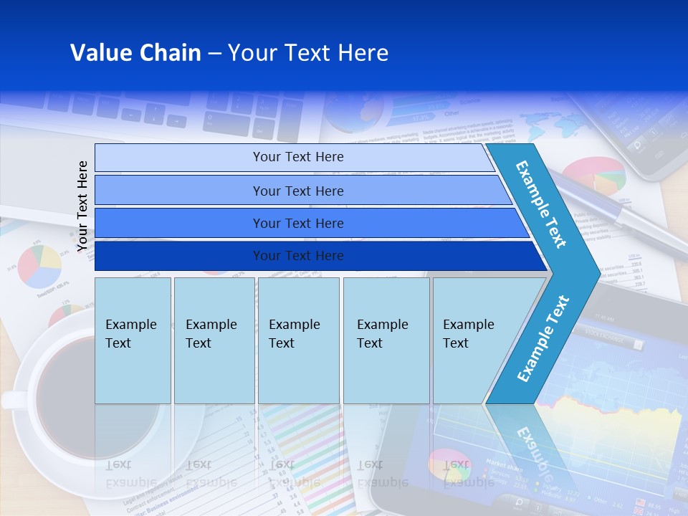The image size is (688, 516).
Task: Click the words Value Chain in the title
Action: tap(135, 52)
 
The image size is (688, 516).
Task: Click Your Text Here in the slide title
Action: tap(308, 52)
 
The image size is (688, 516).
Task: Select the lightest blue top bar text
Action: tap(298, 157)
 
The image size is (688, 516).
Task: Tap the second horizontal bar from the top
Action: tap(298, 191)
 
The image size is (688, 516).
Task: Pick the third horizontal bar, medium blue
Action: tap(298, 223)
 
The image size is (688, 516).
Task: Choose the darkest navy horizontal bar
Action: tap(298, 256)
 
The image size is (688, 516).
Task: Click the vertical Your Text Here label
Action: tap(82, 206)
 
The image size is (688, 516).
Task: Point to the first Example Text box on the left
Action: tap(133, 340)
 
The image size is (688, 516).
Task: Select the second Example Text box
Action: tap(214, 340)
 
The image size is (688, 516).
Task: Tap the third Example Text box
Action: tap(297, 340)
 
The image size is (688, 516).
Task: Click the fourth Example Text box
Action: tap(386, 340)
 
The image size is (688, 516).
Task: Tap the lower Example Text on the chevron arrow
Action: tap(543, 338)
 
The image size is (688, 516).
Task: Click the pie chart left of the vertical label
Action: tap(39, 266)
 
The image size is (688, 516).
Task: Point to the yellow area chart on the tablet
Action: tap(631, 430)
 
